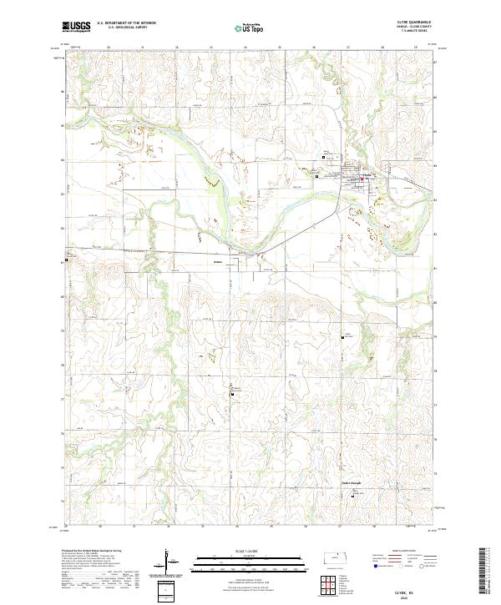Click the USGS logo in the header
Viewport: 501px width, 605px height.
(x=77, y=28)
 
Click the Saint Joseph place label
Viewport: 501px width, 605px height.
(x=354, y=481)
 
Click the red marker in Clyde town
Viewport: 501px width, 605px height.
(x=363, y=178)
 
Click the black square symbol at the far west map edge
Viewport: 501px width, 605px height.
(x=67, y=260)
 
